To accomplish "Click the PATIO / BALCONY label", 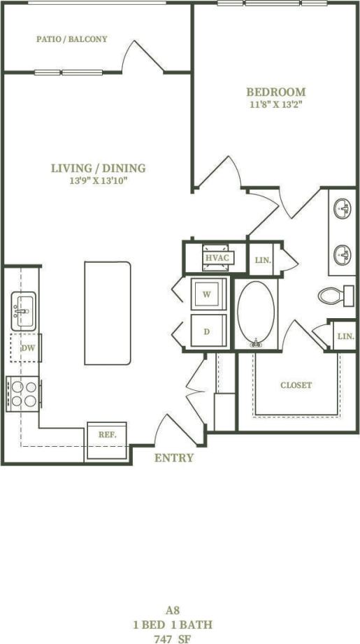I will [72, 39].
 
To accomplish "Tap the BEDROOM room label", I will [275, 92].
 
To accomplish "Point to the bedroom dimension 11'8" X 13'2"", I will [275, 106].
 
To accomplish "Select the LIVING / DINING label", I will [98, 168].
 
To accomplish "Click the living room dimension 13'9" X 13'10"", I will [98, 181].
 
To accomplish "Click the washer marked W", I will [208, 294].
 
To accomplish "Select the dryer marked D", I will [208, 331].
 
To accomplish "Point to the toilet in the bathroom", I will [333, 295].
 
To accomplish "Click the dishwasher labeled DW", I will [27, 348].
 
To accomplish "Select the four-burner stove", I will [24, 393].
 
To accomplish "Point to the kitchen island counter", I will [108, 313].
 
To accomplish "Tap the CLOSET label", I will [296, 385].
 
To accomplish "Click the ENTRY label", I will [173, 458].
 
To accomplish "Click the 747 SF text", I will [172, 638].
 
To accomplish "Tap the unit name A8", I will [172, 610].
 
